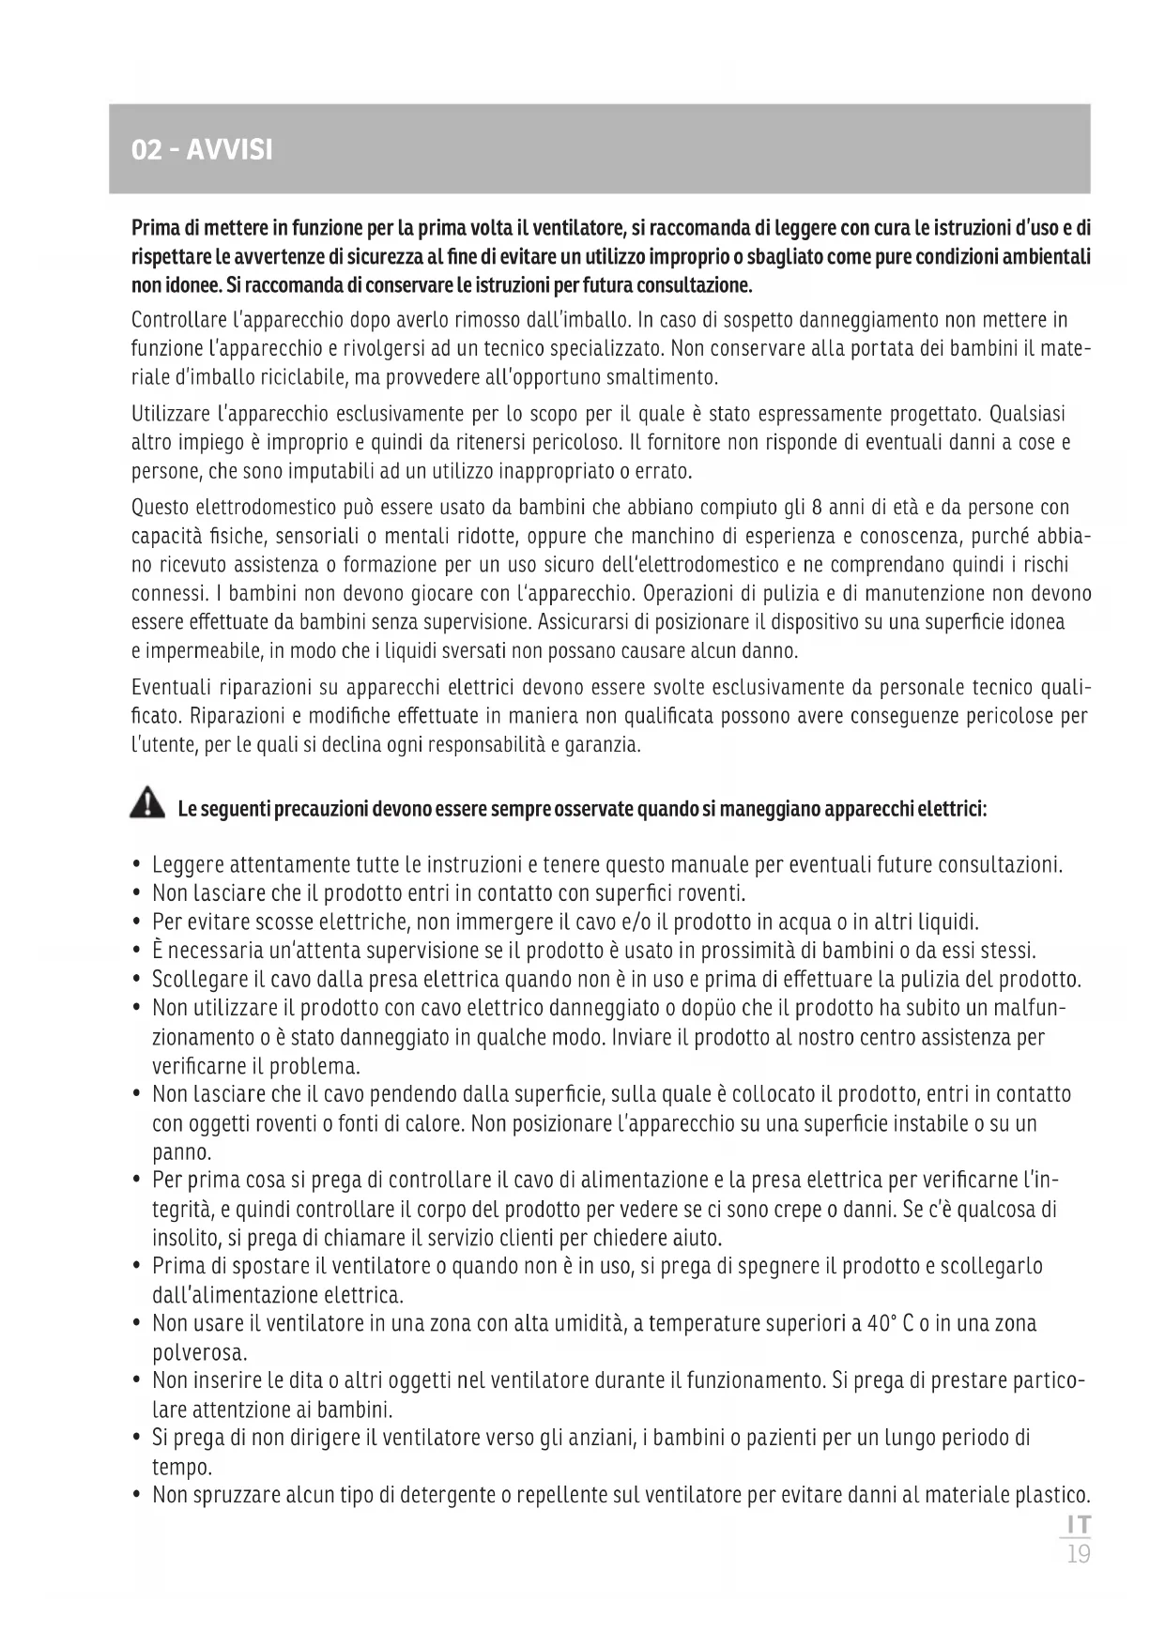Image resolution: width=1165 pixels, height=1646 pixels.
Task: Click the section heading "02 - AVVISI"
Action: (x=203, y=150)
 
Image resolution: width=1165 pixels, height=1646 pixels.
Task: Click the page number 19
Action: (x=1079, y=1555)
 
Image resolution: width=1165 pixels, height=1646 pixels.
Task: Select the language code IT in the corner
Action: (x=1079, y=1525)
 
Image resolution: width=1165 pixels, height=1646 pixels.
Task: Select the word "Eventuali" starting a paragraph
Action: (x=168, y=688)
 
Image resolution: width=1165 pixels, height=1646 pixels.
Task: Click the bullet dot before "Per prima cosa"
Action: (x=138, y=1181)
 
